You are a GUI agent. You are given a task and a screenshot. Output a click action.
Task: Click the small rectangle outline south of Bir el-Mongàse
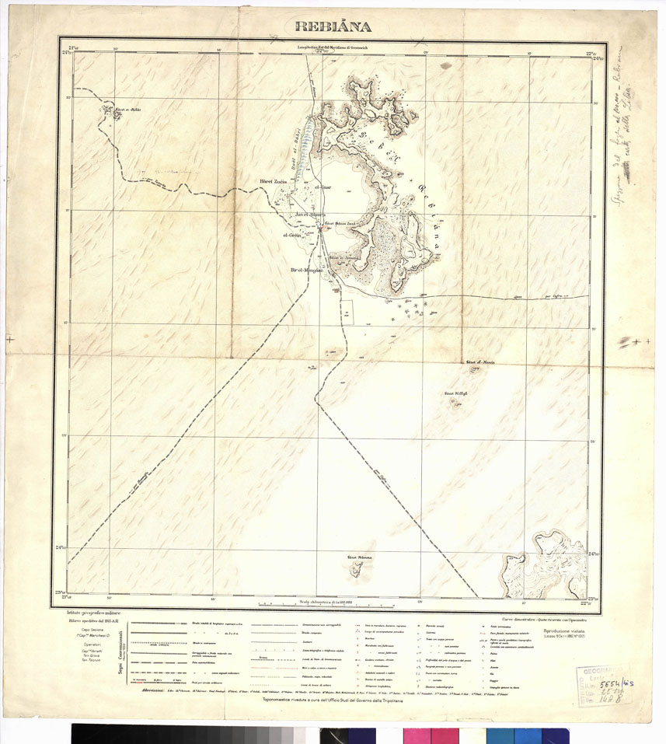[x=347, y=313]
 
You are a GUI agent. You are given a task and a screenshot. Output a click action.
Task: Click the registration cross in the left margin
[x=9, y=340]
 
